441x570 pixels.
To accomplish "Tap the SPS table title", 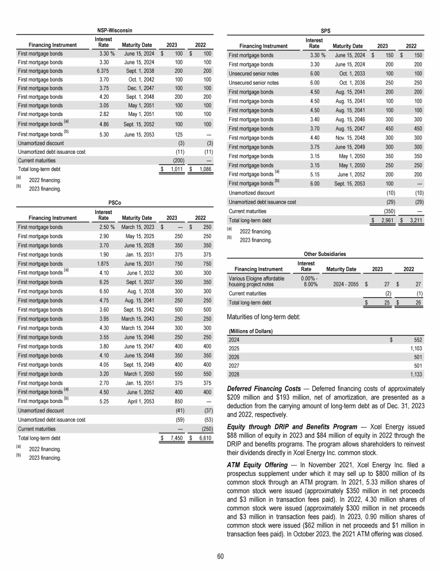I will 325,29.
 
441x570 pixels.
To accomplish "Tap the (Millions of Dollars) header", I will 250,331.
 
